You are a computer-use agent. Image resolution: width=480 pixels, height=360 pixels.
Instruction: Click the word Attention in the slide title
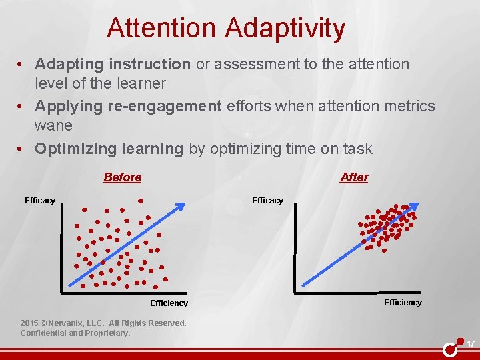tap(161, 29)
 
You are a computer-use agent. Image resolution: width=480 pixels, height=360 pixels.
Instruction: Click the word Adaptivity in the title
tap(285, 29)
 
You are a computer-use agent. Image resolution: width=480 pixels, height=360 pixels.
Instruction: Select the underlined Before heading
tap(122, 177)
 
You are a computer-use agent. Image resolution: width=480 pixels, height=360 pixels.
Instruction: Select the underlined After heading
tap(354, 177)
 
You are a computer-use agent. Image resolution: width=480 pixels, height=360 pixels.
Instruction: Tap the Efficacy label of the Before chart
tap(40, 201)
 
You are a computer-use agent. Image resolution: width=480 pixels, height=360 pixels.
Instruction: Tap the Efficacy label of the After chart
tap(267, 201)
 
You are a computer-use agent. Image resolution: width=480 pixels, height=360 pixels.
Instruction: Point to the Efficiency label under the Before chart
tap(169, 303)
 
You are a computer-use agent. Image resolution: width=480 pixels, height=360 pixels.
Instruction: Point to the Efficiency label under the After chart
tap(403, 303)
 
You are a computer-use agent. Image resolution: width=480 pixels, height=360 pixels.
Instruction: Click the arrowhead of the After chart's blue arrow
tap(413, 207)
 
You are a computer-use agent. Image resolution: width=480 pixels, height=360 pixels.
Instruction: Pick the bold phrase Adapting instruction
tap(113, 64)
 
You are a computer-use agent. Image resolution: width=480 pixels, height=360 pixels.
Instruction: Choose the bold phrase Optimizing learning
tap(109, 149)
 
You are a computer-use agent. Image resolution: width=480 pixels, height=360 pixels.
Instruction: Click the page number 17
tap(470, 344)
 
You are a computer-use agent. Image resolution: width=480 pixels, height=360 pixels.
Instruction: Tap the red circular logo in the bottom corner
tap(451, 348)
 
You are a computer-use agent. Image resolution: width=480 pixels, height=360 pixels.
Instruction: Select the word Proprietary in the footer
tap(105, 333)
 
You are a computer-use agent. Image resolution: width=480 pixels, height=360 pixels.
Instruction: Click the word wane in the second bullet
tap(53, 125)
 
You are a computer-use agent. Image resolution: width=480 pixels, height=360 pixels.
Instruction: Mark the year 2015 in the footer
tap(30, 323)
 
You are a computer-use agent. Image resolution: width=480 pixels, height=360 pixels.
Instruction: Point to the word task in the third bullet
tap(360, 149)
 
